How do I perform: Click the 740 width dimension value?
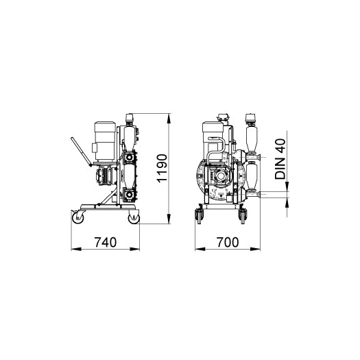106,243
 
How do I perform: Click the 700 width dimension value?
228,243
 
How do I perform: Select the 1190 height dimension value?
162,169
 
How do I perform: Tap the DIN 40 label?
280,159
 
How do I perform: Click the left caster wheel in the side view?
78,217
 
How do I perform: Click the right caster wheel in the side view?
134,217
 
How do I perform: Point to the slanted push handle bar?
82,152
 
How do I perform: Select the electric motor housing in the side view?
105,141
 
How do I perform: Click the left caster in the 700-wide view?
199,216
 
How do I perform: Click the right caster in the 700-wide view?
243,216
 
